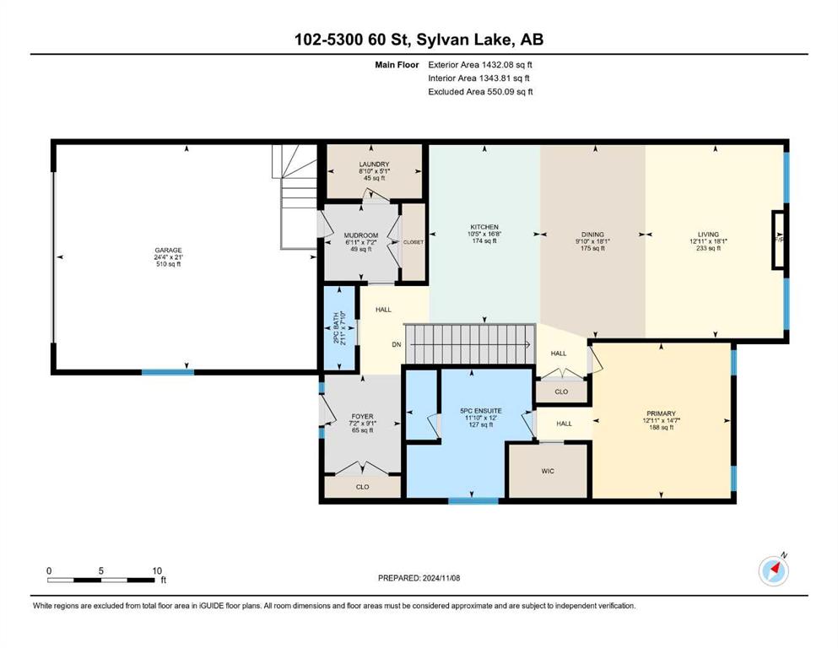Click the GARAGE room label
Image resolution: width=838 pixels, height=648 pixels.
pyautogui.click(x=168, y=250)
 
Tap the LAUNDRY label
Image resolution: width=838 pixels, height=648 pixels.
pyautogui.click(x=374, y=164)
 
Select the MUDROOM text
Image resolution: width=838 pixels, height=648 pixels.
pyautogui.click(x=360, y=235)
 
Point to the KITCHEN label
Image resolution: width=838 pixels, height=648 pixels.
pyautogui.click(x=484, y=227)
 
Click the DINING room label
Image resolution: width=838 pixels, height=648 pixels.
pyautogui.click(x=592, y=235)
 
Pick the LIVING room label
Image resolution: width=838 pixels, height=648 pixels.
pyautogui.click(x=708, y=234)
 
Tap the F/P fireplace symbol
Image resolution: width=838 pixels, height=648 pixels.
pyautogui.click(x=779, y=239)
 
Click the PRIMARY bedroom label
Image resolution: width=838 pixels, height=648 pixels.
pyautogui.click(x=661, y=413)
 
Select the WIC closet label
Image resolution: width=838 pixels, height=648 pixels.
pyautogui.click(x=548, y=471)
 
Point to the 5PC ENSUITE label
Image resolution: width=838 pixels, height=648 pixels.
pyautogui.click(x=481, y=411)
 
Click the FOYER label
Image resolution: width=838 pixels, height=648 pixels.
pyautogui.click(x=362, y=416)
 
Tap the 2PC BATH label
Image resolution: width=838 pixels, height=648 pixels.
pyautogui.click(x=336, y=328)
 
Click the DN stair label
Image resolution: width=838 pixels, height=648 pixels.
pyautogui.click(x=396, y=344)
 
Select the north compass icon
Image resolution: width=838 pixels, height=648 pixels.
pyautogui.click(x=773, y=570)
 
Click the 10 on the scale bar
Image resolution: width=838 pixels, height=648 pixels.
pyautogui.click(x=157, y=570)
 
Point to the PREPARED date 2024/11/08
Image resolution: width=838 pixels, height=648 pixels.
pyautogui.click(x=441, y=578)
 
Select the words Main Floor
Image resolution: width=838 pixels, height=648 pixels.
pyautogui.click(x=397, y=65)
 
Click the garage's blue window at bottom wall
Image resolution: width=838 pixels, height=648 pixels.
pyautogui.click(x=168, y=372)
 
